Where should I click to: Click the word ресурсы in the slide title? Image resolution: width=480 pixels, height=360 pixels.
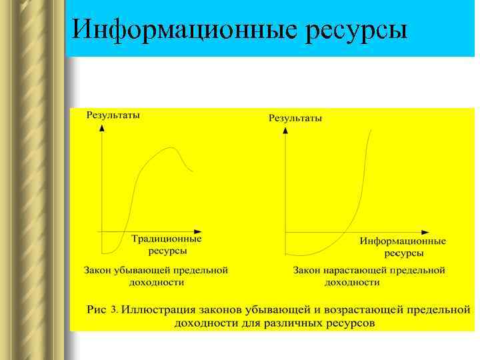click(356, 31)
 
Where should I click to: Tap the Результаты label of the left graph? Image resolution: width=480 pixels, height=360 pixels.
click(113, 115)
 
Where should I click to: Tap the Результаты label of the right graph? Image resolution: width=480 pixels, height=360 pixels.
click(295, 118)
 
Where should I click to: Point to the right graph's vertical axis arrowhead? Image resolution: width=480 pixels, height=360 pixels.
click(285, 130)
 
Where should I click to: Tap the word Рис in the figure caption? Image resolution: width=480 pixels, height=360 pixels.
click(97, 310)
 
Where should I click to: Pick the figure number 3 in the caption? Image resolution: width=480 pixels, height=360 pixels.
click(115, 310)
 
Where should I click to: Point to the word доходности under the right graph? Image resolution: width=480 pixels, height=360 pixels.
click(352, 282)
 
